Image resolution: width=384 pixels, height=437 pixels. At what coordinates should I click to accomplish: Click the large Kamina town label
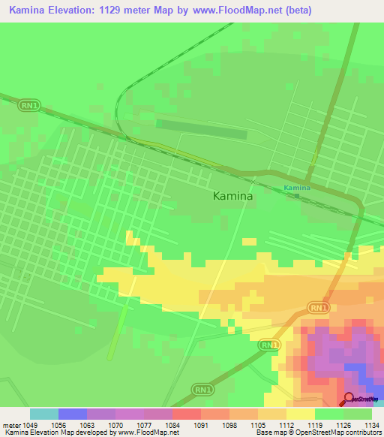[233, 196]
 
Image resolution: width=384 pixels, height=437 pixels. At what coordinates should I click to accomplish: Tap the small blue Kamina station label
[297, 187]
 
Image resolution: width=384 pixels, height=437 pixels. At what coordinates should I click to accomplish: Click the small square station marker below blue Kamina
[297, 196]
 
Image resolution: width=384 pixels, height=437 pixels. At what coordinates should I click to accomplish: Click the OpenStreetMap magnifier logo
[349, 399]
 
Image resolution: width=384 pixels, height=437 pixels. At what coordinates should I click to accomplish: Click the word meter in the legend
[12, 424]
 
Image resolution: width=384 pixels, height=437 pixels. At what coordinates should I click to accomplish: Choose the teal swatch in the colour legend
[44, 414]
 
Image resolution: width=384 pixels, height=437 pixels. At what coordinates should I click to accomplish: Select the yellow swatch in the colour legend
[300, 414]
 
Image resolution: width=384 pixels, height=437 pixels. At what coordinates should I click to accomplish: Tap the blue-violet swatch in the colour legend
[73, 414]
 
